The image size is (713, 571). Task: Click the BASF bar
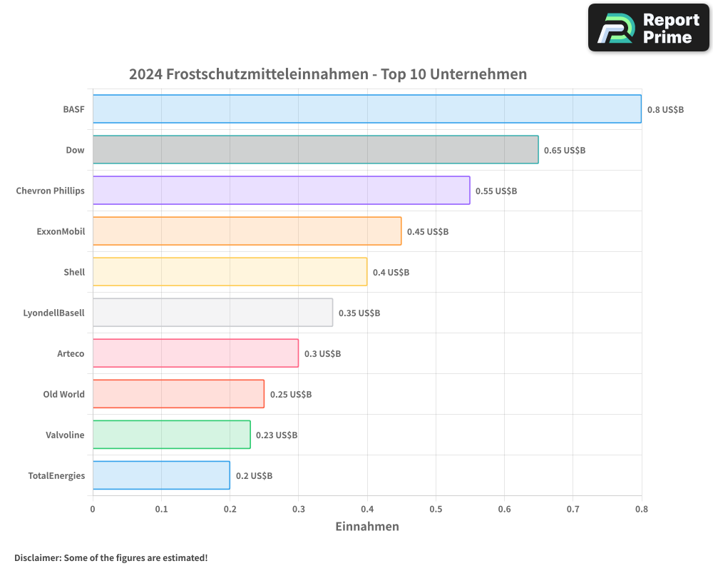point(366,109)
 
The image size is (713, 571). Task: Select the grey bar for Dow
point(315,150)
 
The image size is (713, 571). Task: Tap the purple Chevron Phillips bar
point(281,191)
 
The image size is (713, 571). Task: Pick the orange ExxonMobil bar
point(247,231)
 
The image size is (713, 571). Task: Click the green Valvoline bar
point(171,435)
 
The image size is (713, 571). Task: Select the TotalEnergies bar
point(161,475)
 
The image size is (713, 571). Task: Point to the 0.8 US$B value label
point(665,110)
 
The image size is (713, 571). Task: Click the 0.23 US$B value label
point(277,435)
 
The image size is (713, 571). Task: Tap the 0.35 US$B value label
point(359,313)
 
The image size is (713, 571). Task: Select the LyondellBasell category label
point(53,313)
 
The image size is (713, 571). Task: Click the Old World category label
point(63,394)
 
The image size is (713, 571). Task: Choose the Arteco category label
point(71,353)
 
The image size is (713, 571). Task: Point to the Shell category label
point(74,272)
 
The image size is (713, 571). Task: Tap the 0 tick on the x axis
point(93,509)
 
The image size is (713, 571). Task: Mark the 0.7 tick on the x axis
point(504,509)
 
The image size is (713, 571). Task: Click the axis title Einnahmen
point(367,527)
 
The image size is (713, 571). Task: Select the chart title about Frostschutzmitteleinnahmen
point(328,74)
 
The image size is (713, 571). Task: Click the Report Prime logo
point(649,28)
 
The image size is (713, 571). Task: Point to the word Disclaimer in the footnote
point(37,557)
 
